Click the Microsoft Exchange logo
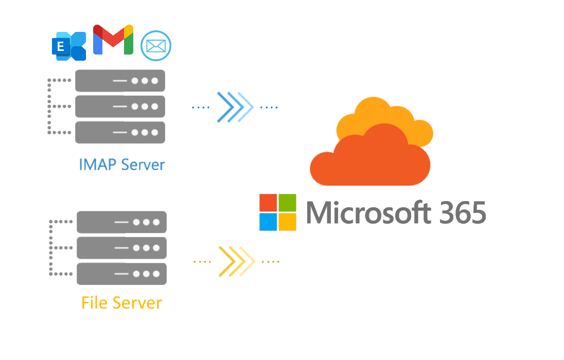(69, 46)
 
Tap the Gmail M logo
(113, 40)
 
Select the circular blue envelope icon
(156, 46)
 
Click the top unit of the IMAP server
(120, 81)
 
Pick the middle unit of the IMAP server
(120, 106)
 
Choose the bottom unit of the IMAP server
(120, 132)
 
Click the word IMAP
(97, 165)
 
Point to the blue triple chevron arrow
(235, 107)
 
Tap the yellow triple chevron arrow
(237, 261)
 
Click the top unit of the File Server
(121, 222)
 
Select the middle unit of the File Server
(121, 248)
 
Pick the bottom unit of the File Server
(121, 274)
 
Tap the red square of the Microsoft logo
(268, 203)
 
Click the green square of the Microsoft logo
(287, 203)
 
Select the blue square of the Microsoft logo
(268, 222)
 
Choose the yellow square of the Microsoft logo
(287, 222)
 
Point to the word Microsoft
(368, 212)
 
